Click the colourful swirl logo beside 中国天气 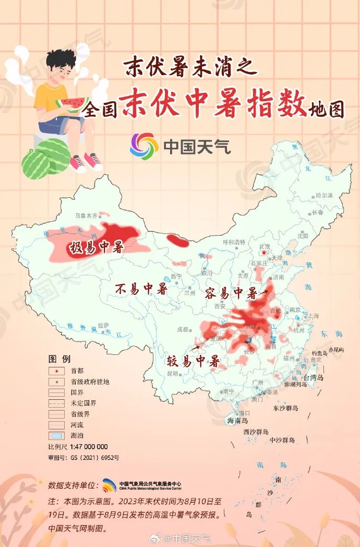pos(144,146)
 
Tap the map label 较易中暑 pos(193,361)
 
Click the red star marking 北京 pos(265,253)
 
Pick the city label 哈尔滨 pos(324,195)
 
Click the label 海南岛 pos(237,421)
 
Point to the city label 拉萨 pos(103,325)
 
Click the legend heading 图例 pos(59,359)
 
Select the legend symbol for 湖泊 pos(55,436)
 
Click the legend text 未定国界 pos(83,403)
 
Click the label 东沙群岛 pos(285,408)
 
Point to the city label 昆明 pos(172,374)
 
